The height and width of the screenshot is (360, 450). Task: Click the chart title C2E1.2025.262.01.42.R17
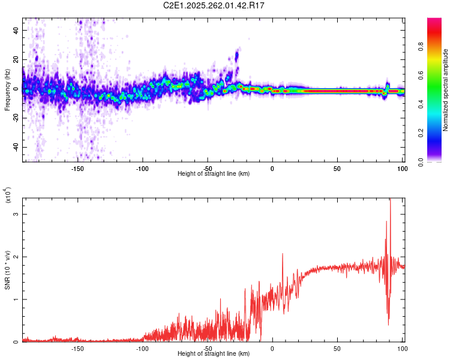214,5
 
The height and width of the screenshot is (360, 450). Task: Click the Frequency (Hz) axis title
7,90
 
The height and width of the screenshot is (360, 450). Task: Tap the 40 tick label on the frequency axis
16,30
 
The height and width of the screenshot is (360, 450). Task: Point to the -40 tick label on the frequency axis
15,148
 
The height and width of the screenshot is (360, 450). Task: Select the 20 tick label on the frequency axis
16,59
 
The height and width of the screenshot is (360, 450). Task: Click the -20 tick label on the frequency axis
15,118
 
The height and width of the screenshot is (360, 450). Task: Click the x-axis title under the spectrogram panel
214,174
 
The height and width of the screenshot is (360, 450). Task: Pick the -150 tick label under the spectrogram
77,168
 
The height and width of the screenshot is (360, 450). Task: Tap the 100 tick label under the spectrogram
402,168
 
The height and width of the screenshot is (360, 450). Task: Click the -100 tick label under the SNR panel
142,349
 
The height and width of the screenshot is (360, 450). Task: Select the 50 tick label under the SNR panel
337,349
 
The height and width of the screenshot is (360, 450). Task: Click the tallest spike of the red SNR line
390,200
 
